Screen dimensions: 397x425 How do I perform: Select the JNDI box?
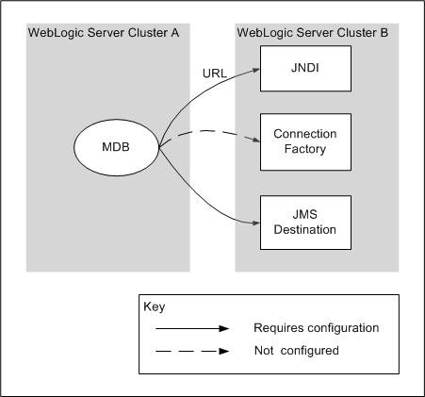click(304, 67)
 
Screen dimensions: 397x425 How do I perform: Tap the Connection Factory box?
click(304, 141)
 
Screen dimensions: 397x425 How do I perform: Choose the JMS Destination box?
click(304, 223)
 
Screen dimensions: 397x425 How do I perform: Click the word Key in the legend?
click(154, 307)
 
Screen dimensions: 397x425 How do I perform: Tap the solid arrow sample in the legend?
click(188, 329)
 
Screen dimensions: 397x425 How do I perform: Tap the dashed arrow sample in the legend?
click(188, 350)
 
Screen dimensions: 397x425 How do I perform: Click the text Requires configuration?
click(316, 328)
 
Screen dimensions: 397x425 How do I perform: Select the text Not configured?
click(296, 350)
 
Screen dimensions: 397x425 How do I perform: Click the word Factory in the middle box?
click(304, 149)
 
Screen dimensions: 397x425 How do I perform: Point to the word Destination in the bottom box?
click(304, 230)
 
